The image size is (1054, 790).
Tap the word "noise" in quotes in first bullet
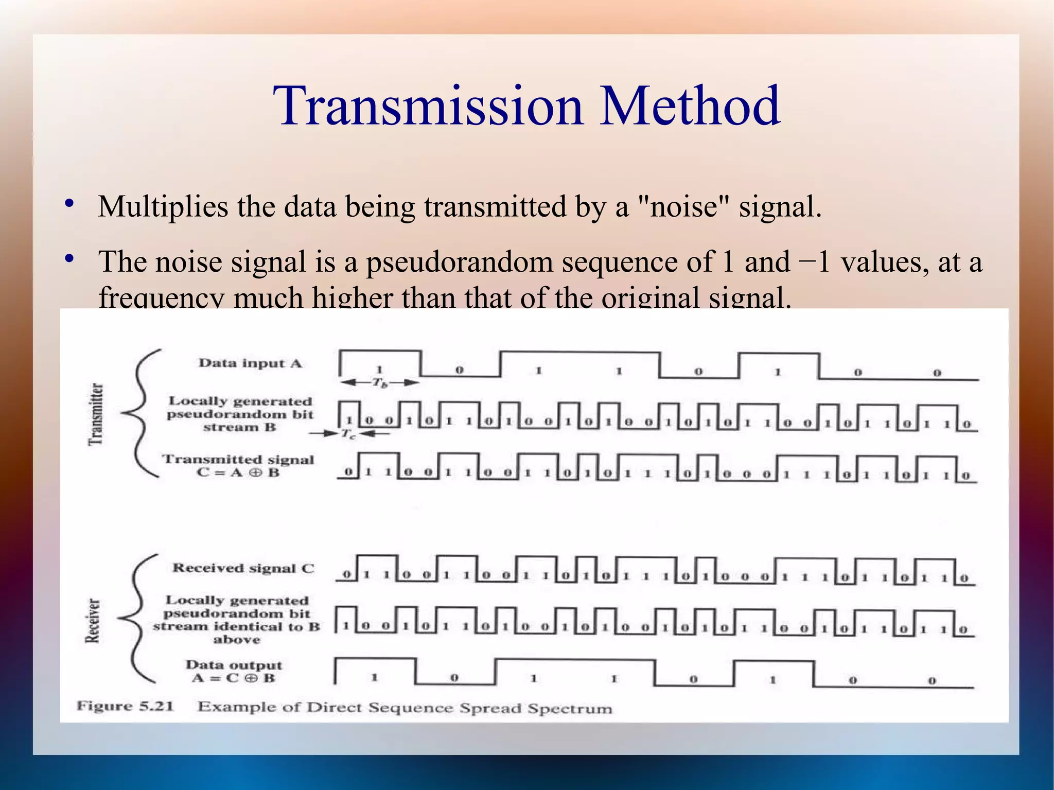click(x=683, y=207)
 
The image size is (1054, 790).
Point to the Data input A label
click(x=250, y=363)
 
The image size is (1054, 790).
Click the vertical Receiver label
click(x=93, y=621)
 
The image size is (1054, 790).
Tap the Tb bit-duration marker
click(x=380, y=382)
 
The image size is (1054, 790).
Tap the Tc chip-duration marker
click(x=348, y=434)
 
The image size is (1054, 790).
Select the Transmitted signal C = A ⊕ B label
click(x=238, y=466)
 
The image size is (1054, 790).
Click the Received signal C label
click(x=243, y=568)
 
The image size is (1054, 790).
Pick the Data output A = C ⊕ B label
click(x=234, y=672)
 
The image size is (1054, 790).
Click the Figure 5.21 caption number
click(x=125, y=706)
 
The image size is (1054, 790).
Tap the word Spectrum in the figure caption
click(x=570, y=709)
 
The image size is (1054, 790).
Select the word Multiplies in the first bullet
click(x=163, y=207)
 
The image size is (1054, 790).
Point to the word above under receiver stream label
click(x=237, y=640)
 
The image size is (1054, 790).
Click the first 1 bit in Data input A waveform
click(x=379, y=369)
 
